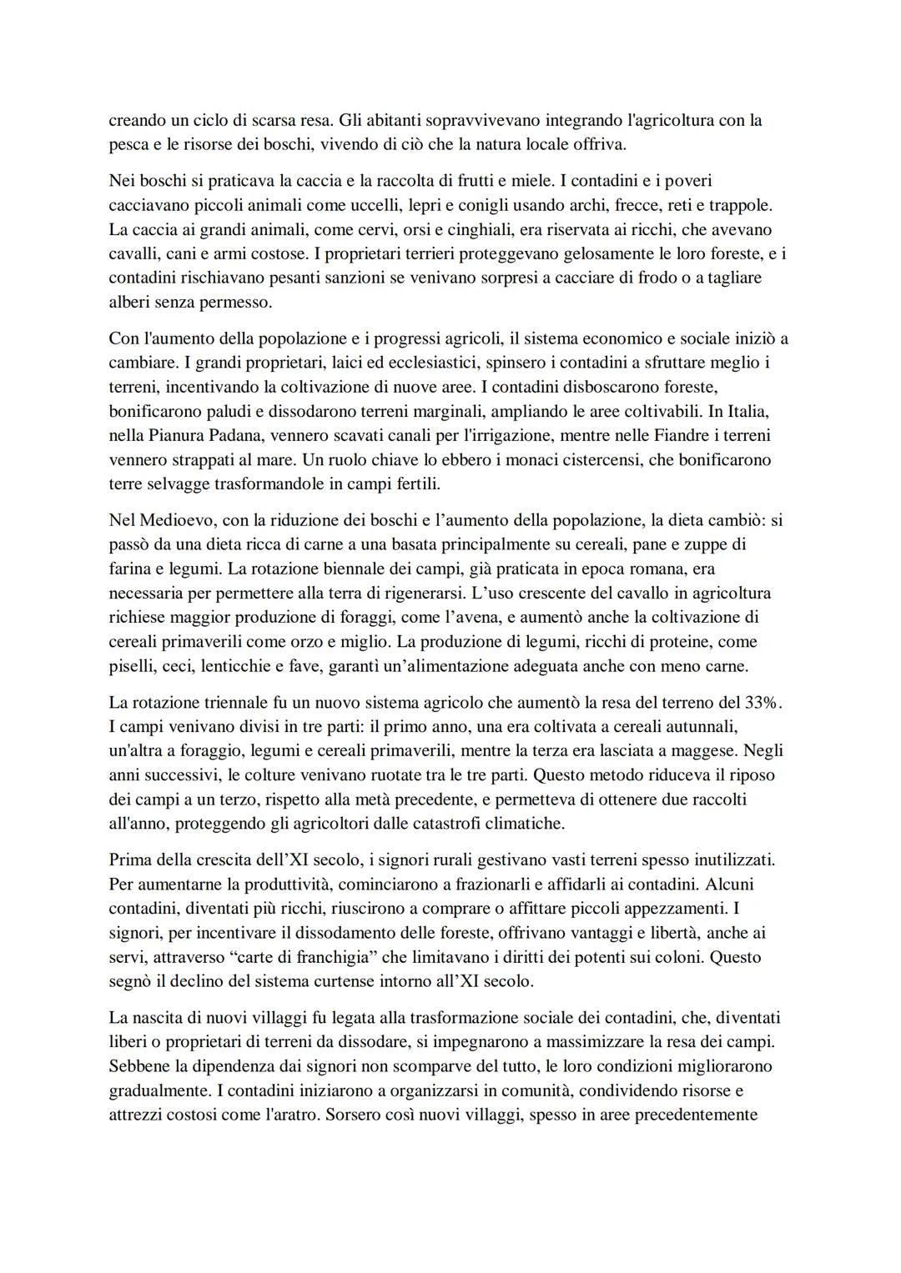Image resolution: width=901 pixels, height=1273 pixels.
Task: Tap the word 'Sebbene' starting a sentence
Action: click(138, 1066)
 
